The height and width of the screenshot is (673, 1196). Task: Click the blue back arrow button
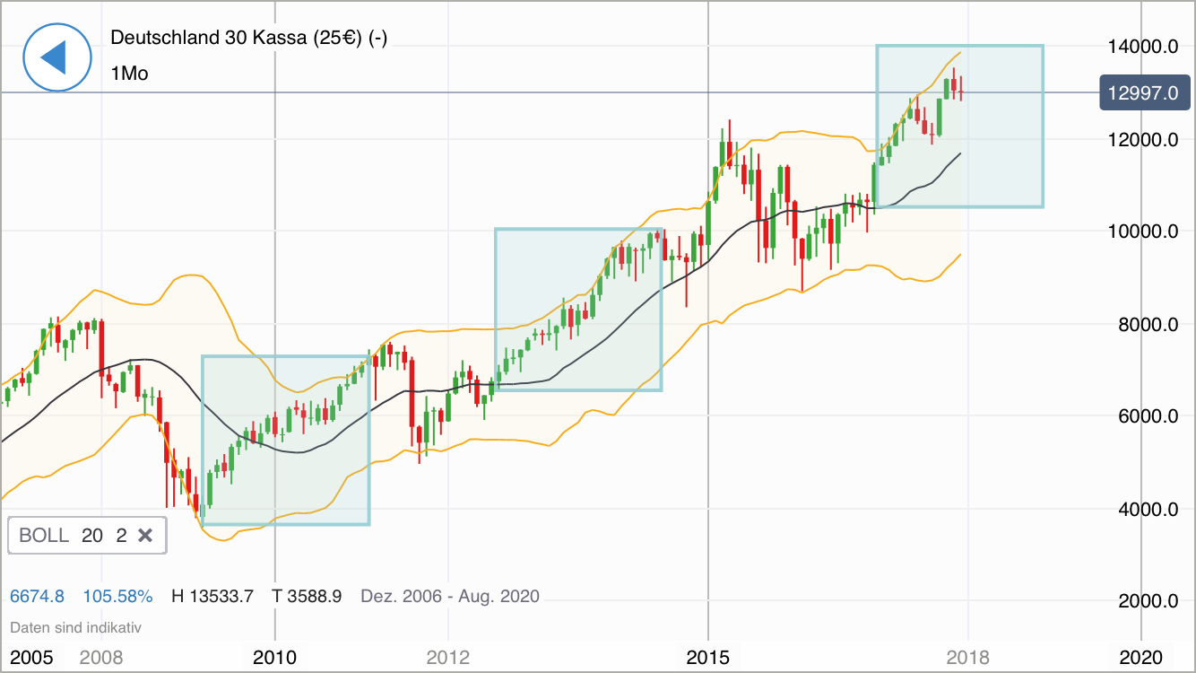(x=57, y=57)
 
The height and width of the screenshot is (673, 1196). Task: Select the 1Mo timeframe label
(x=130, y=74)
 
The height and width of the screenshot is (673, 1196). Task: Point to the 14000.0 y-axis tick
(x=1142, y=47)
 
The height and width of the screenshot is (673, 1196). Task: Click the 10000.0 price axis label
(x=1142, y=232)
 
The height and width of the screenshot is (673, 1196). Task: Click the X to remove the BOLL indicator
(x=145, y=536)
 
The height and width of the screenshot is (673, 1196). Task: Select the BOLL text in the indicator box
(x=44, y=536)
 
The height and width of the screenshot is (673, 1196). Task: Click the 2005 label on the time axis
(x=31, y=658)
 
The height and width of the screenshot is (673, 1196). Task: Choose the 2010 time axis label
(x=274, y=658)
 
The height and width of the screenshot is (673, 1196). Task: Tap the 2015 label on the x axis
(x=708, y=658)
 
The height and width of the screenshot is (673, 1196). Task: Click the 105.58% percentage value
(x=117, y=596)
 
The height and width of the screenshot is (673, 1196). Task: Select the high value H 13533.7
(x=212, y=596)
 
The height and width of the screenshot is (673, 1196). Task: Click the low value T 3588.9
(x=308, y=596)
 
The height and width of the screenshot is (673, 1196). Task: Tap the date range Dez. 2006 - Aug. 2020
(x=449, y=596)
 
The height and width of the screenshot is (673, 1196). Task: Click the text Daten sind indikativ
(x=75, y=628)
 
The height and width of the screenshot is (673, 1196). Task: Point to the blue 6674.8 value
(x=37, y=596)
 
